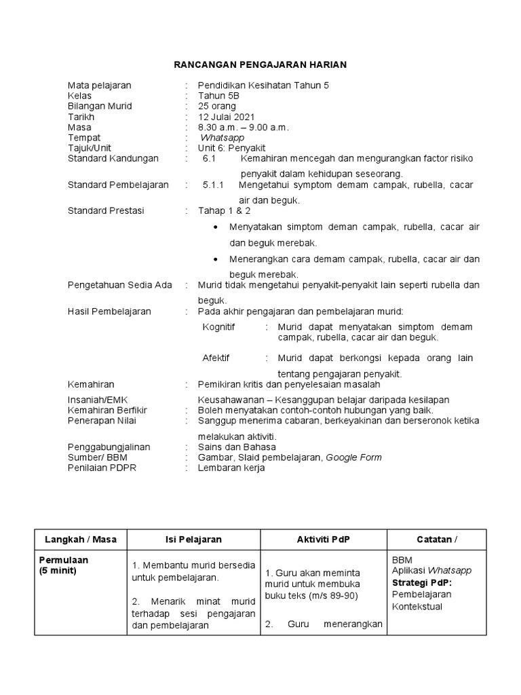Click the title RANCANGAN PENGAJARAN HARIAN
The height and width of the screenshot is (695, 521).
click(260, 64)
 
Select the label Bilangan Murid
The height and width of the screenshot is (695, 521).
click(100, 107)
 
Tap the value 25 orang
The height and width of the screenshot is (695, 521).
click(217, 107)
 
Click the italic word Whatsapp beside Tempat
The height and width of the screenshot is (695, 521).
click(222, 138)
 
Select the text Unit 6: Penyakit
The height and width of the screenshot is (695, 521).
click(231, 148)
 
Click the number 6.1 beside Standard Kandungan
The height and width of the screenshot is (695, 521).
click(208, 159)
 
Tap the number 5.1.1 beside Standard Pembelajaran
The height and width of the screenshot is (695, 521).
click(214, 185)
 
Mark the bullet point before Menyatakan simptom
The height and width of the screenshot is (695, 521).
click(215, 227)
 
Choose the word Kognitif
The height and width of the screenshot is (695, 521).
click(219, 327)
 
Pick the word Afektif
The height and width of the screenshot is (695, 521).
click(216, 358)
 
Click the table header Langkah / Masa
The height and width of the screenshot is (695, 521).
click(81, 540)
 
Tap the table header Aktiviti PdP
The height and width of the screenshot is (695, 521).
click(324, 540)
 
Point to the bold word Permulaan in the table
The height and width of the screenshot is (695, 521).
click(64, 561)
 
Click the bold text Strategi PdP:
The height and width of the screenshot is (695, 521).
click(421, 583)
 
